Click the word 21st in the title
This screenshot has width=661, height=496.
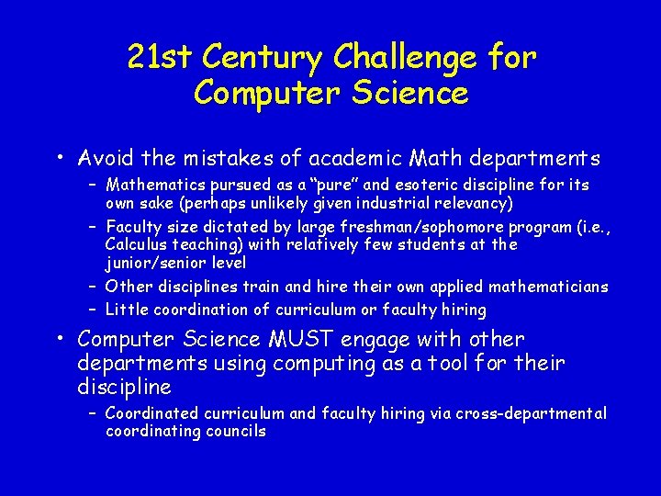tap(162, 58)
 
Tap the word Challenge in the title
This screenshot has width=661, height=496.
tap(405, 58)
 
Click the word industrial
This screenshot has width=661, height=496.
tap(395, 203)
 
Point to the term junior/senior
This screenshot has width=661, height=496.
tap(152, 263)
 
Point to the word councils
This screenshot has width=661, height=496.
tap(238, 432)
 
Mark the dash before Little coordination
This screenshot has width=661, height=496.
tap(94, 310)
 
